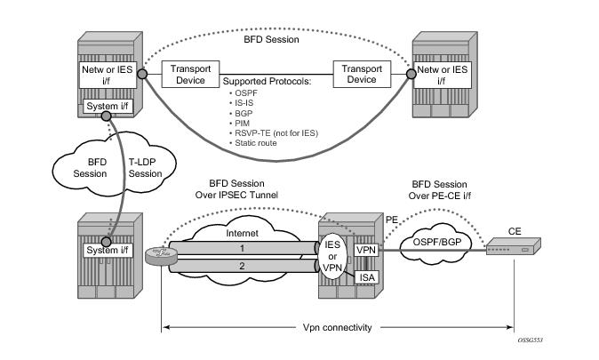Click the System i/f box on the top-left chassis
106,108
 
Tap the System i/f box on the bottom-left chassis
107,252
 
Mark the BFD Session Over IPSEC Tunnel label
243,189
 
